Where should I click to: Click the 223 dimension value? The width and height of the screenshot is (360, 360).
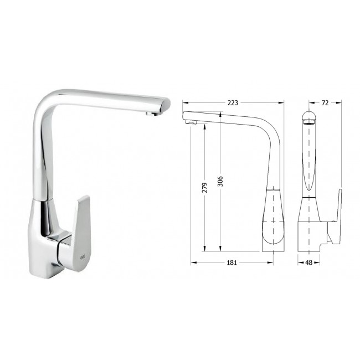pos(233,103)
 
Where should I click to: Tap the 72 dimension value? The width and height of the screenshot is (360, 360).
pos(325,103)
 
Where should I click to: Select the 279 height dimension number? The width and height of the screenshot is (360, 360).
pos(204,187)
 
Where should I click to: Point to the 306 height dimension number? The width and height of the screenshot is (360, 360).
pos(220,181)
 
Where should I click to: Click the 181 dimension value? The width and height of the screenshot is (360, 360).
pos(232,263)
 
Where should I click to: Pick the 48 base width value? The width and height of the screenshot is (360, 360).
pos(309,263)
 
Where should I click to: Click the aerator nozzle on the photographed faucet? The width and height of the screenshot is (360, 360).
pos(150,113)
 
